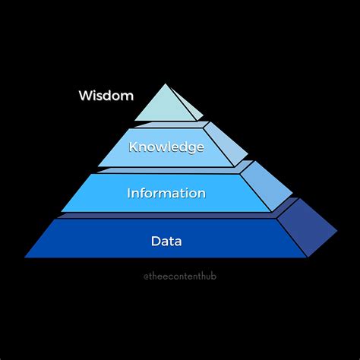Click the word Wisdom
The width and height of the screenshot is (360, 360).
(x=106, y=96)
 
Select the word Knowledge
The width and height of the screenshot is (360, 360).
(x=166, y=147)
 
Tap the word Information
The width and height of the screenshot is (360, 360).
(x=166, y=193)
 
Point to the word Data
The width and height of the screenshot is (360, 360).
(x=166, y=242)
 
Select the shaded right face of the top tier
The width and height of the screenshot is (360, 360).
(x=187, y=105)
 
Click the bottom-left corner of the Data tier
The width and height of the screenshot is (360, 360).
(x=26, y=256)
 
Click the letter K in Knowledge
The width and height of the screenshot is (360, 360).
(x=134, y=147)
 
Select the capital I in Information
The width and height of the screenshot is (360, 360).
(x=129, y=193)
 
